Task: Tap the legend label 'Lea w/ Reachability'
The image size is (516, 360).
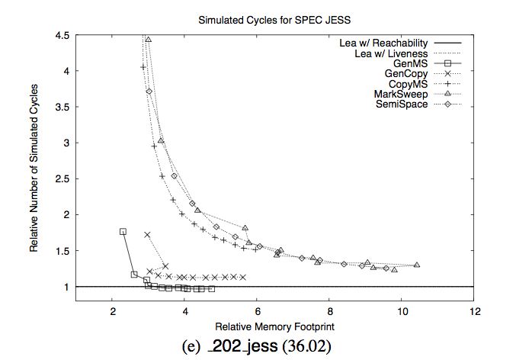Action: [383, 43]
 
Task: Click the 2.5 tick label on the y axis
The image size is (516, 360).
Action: [62, 178]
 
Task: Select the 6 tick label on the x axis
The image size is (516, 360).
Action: [258, 311]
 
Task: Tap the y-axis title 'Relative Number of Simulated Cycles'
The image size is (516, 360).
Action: [35, 177]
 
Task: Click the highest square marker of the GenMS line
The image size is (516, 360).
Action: [123, 231]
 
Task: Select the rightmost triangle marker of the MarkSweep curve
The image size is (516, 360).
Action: [417, 265]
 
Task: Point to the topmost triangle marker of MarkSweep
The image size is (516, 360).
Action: [149, 39]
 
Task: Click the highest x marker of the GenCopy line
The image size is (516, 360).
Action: [147, 234]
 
